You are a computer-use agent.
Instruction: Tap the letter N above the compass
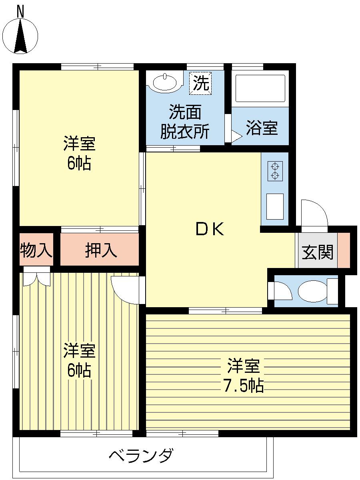tap(20, 12)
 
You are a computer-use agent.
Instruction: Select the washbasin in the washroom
tap(164, 83)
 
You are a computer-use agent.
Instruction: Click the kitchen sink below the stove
tap(275, 206)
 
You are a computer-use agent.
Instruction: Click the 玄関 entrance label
tap(317, 252)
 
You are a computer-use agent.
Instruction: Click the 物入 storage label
tap(36, 251)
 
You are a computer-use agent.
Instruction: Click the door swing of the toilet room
tap(282, 291)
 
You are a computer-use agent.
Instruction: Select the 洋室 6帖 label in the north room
tap(79, 153)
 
